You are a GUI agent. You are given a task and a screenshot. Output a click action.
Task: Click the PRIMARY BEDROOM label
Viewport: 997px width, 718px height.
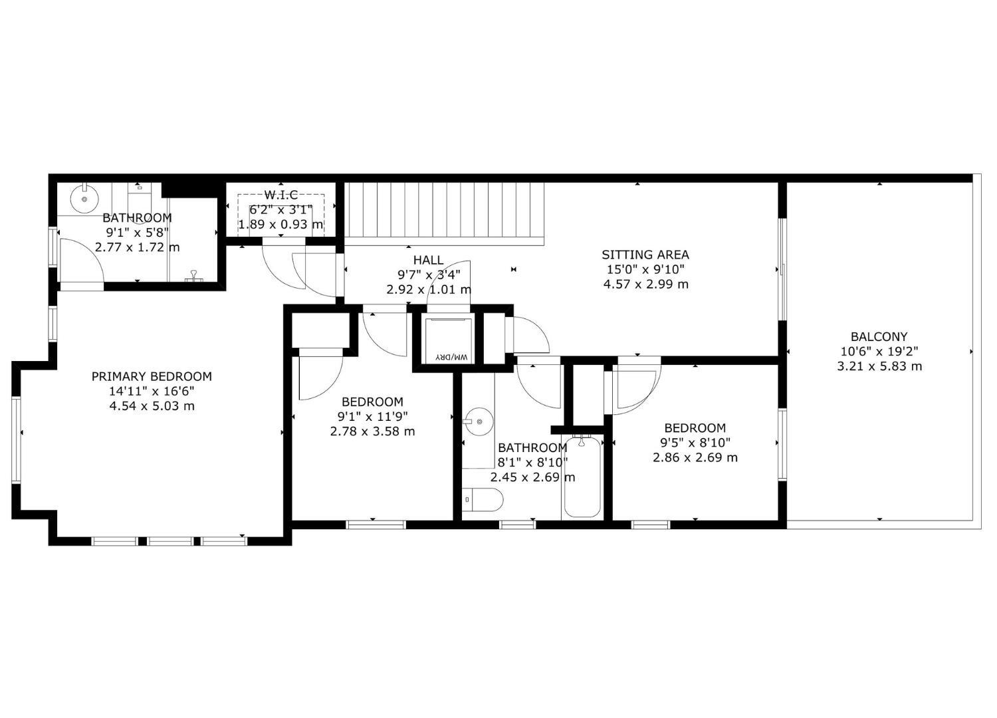(x=152, y=376)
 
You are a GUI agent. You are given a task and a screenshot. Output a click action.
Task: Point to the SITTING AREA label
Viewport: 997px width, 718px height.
(x=645, y=255)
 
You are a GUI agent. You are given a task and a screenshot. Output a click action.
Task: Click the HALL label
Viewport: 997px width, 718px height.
(x=428, y=260)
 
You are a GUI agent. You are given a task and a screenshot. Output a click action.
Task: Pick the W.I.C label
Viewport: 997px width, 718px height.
(x=281, y=195)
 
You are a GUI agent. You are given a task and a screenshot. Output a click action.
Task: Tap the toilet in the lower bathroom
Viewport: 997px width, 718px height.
(x=482, y=499)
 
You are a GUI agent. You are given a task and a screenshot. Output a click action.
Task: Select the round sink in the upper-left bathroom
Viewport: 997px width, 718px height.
(x=84, y=199)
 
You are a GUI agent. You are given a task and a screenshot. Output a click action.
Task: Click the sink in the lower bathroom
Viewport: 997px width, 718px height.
(x=479, y=421)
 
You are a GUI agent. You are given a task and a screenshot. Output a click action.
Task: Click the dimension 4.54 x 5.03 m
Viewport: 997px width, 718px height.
(x=152, y=406)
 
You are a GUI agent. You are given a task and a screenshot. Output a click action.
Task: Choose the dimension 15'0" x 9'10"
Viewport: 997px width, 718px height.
(x=645, y=269)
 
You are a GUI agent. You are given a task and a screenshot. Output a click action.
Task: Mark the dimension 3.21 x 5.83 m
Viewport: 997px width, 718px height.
(x=879, y=366)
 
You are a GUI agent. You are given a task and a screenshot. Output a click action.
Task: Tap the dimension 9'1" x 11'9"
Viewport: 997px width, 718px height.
(x=372, y=417)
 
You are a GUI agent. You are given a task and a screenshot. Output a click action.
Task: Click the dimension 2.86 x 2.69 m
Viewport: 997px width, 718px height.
(x=695, y=457)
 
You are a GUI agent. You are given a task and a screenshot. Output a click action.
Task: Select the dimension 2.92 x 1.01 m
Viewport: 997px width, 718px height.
(x=429, y=290)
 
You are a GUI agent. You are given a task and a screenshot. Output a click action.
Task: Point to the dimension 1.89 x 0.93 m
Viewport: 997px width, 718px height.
(x=281, y=224)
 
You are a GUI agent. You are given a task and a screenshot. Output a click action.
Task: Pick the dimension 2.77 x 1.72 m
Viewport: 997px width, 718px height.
(x=137, y=247)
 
